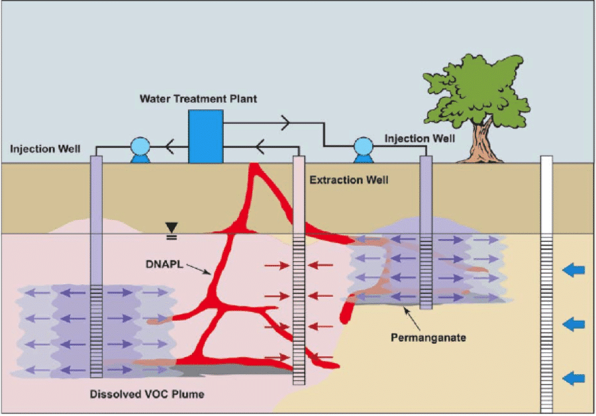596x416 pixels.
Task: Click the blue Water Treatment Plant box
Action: [205, 136]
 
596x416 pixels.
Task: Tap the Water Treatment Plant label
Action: [198, 99]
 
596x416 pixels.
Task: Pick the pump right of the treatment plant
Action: [364, 149]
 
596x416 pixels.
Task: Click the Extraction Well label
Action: [348, 180]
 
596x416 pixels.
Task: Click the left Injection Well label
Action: [45, 149]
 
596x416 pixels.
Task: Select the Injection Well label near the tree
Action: [419, 138]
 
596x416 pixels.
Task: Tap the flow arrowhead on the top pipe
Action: [285, 123]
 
